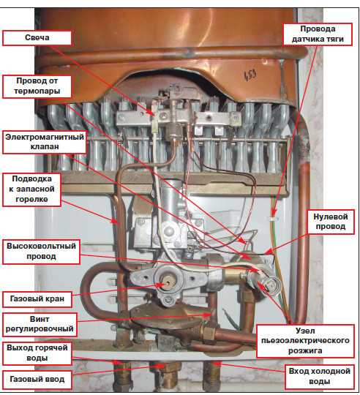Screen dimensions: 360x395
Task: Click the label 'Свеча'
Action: click(x=37, y=38)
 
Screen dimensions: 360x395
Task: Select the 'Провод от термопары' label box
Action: click(x=37, y=86)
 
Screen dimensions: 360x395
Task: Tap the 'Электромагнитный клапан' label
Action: click(x=45, y=142)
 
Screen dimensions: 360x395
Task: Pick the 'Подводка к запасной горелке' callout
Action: click(x=31, y=189)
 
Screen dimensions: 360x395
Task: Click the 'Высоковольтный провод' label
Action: click(x=41, y=252)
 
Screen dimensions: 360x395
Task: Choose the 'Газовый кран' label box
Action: click(x=37, y=299)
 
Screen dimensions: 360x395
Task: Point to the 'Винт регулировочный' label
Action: click(x=40, y=325)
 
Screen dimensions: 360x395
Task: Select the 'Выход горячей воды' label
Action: click(x=37, y=353)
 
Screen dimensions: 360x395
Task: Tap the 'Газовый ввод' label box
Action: click(x=37, y=380)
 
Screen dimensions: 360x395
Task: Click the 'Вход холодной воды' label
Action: click(x=319, y=377)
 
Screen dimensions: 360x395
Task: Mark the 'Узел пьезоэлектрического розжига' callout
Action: click(x=305, y=341)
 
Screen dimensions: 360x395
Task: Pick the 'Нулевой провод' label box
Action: click(x=331, y=222)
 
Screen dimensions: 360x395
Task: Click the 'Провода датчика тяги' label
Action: click(x=318, y=34)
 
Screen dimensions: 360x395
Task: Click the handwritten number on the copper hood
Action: click(x=250, y=75)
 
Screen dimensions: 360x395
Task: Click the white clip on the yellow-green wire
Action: click(x=273, y=219)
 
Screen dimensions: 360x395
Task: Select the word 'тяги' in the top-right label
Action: click(x=334, y=39)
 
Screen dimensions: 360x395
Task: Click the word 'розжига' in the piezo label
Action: click(x=305, y=350)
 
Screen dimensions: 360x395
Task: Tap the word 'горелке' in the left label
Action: click(x=31, y=199)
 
